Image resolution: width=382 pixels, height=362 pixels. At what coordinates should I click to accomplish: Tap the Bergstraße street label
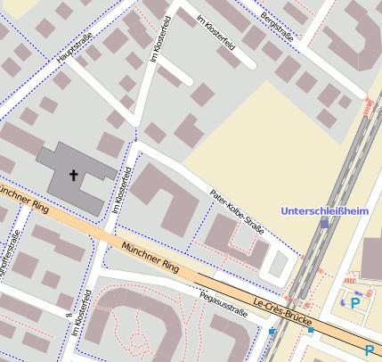pos(277,24)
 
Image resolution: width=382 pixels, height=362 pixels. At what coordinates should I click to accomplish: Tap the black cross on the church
pos(74,177)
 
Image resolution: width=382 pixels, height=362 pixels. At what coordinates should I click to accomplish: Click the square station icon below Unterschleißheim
pos(324,226)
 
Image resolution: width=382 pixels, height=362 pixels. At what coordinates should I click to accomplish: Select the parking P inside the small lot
pos(355,304)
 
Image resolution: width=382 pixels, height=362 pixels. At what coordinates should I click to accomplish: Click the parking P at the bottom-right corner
pos(369,351)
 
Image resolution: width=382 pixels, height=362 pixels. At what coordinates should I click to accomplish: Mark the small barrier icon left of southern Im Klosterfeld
pos(68,314)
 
